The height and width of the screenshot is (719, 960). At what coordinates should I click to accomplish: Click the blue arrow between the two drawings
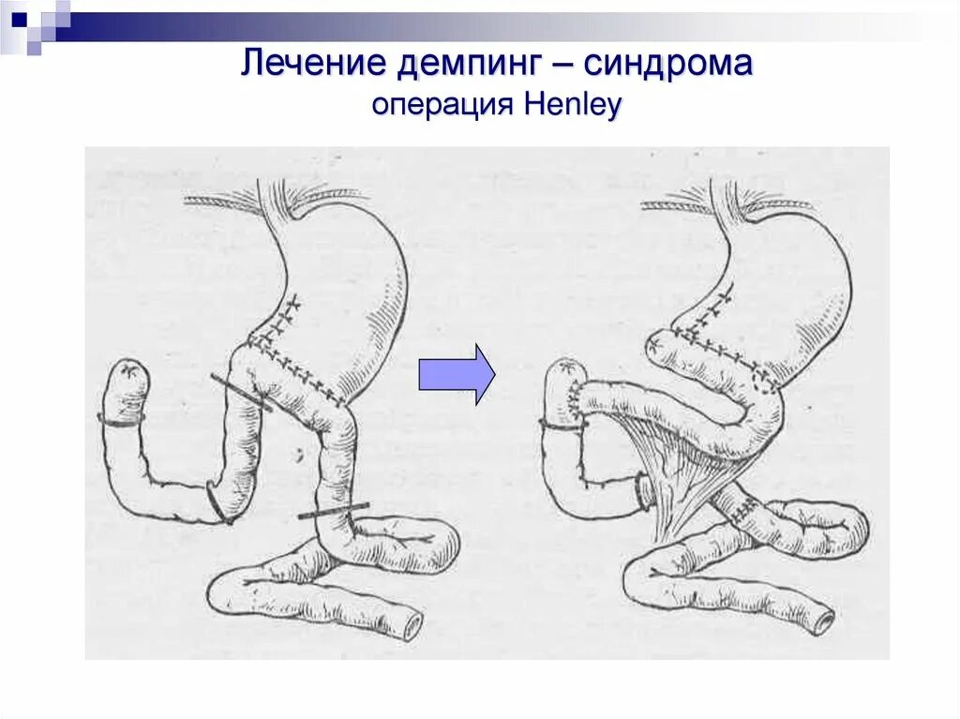(x=456, y=374)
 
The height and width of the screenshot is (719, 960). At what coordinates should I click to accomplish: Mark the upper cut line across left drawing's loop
(x=241, y=393)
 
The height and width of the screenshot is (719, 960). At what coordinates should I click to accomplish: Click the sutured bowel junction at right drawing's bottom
(x=741, y=509)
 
